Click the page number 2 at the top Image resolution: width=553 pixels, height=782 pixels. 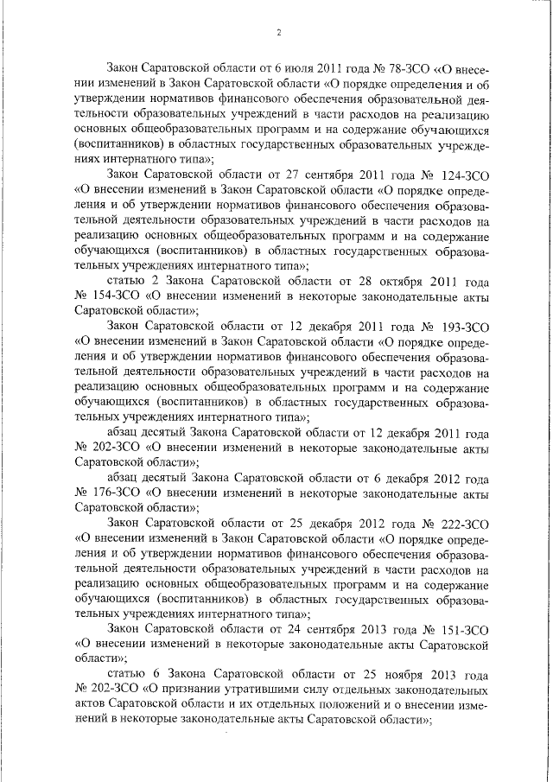(x=278, y=33)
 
